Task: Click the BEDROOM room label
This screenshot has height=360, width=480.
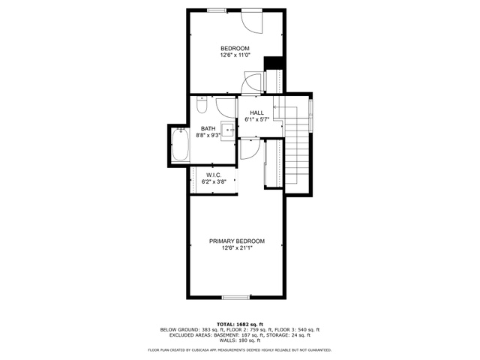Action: tap(235, 48)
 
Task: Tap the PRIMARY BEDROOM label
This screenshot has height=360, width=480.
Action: tap(237, 241)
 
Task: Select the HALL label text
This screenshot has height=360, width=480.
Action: tap(256, 112)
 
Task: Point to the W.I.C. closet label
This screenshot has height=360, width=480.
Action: tap(214, 175)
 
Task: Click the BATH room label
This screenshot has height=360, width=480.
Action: tap(208, 128)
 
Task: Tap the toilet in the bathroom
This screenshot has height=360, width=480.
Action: tap(202, 105)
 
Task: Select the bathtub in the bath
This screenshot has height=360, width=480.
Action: tap(180, 145)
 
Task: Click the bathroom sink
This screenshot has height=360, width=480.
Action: tap(228, 130)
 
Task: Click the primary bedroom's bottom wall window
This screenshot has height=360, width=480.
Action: tap(235, 297)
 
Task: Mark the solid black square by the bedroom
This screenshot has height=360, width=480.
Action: tap(273, 63)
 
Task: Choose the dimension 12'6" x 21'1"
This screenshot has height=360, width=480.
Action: tap(237, 248)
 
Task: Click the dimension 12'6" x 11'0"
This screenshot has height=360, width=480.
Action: tap(235, 55)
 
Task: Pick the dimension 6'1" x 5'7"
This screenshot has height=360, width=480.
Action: tap(256, 120)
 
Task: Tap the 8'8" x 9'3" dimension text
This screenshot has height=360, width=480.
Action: tap(208, 135)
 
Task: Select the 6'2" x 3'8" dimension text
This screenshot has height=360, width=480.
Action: tap(214, 181)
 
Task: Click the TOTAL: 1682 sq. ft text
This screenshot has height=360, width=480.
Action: tap(240, 324)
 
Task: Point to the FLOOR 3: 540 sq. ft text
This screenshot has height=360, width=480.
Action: tap(297, 330)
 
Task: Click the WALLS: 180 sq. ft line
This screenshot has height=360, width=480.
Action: tap(240, 340)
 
